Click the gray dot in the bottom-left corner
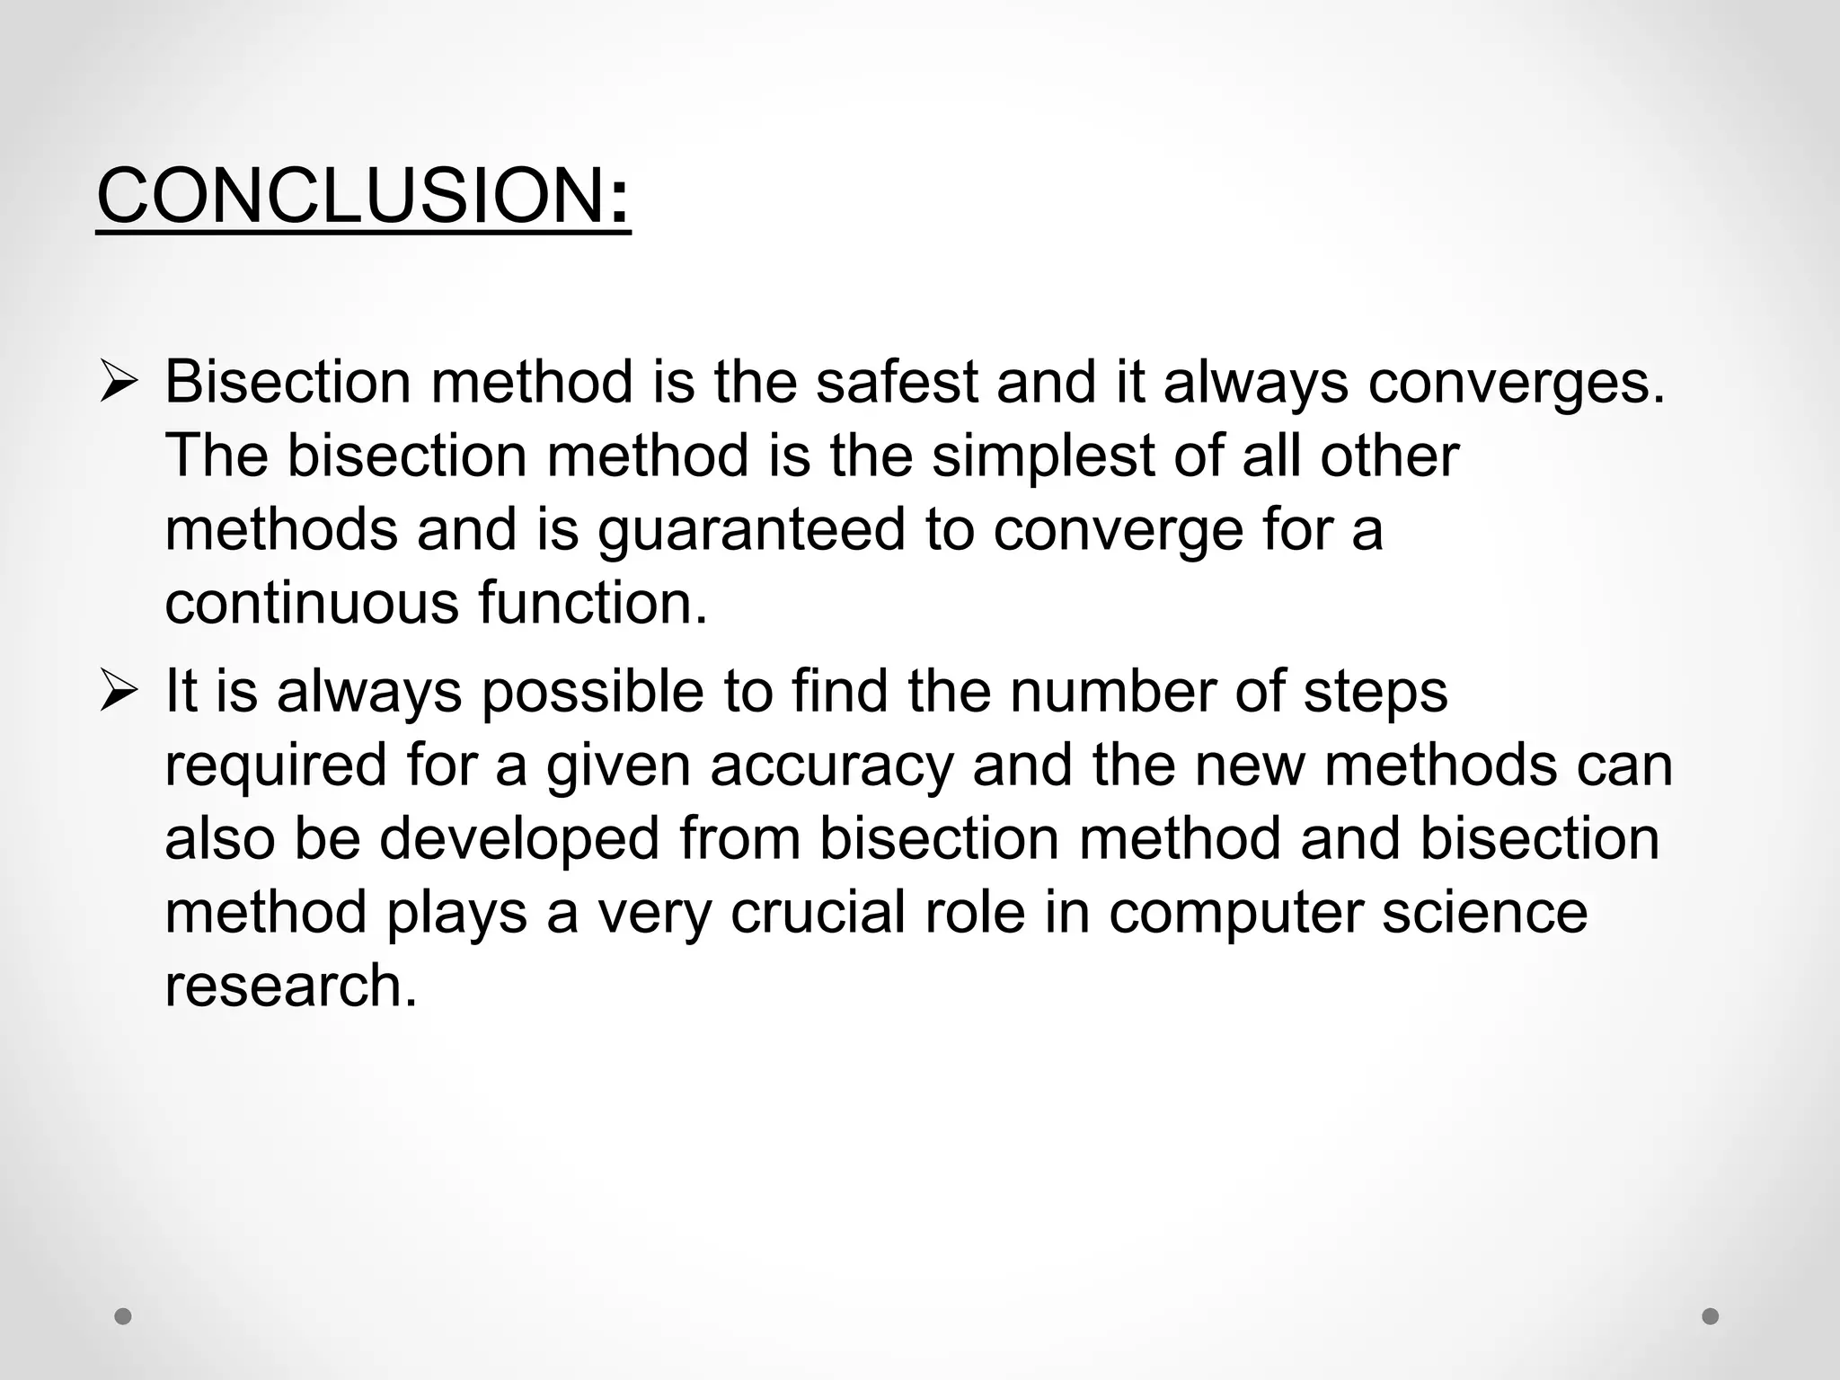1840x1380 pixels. coord(124,1316)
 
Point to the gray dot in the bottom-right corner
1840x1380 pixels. coord(1711,1316)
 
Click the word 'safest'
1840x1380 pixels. coord(896,381)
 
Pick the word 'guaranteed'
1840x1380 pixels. coord(751,530)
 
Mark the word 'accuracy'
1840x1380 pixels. coord(831,766)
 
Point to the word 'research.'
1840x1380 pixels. coord(291,986)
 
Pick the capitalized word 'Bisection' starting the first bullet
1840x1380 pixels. coord(287,381)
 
